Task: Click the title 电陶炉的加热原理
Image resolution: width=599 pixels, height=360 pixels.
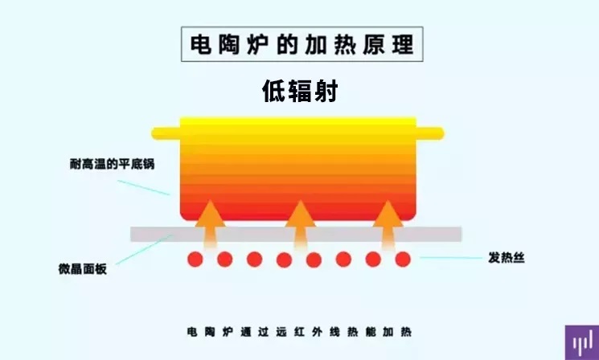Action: (x=302, y=44)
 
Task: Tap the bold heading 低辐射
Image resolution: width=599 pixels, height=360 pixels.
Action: (x=300, y=91)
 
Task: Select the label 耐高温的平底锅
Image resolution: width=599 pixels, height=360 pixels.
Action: (x=112, y=164)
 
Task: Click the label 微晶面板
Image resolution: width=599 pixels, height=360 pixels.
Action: (x=83, y=268)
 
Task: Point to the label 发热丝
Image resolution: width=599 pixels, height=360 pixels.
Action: (x=507, y=258)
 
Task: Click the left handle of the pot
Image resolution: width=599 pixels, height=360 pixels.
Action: (x=166, y=133)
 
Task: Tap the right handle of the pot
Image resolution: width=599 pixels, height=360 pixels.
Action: (x=430, y=133)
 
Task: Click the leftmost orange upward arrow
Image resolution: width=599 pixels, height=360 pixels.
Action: (x=210, y=224)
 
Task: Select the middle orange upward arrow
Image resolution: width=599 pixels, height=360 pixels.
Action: (x=300, y=224)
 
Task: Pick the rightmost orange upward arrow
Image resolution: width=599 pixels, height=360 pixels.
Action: (x=388, y=224)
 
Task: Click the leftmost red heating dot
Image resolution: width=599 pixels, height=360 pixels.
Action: (x=195, y=260)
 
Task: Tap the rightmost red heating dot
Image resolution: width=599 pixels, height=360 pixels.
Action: (x=403, y=260)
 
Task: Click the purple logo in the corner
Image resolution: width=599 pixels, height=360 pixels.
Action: (x=582, y=342)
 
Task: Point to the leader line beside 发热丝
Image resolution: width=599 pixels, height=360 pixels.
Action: (x=451, y=258)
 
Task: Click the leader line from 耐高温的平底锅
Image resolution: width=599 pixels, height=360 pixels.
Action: (x=144, y=187)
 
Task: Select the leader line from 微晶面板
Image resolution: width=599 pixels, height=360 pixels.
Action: (x=144, y=250)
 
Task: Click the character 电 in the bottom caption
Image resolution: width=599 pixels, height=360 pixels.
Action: (x=192, y=332)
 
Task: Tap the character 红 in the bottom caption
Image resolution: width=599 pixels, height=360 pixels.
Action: (x=299, y=332)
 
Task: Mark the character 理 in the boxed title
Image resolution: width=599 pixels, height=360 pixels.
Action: (x=403, y=44)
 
